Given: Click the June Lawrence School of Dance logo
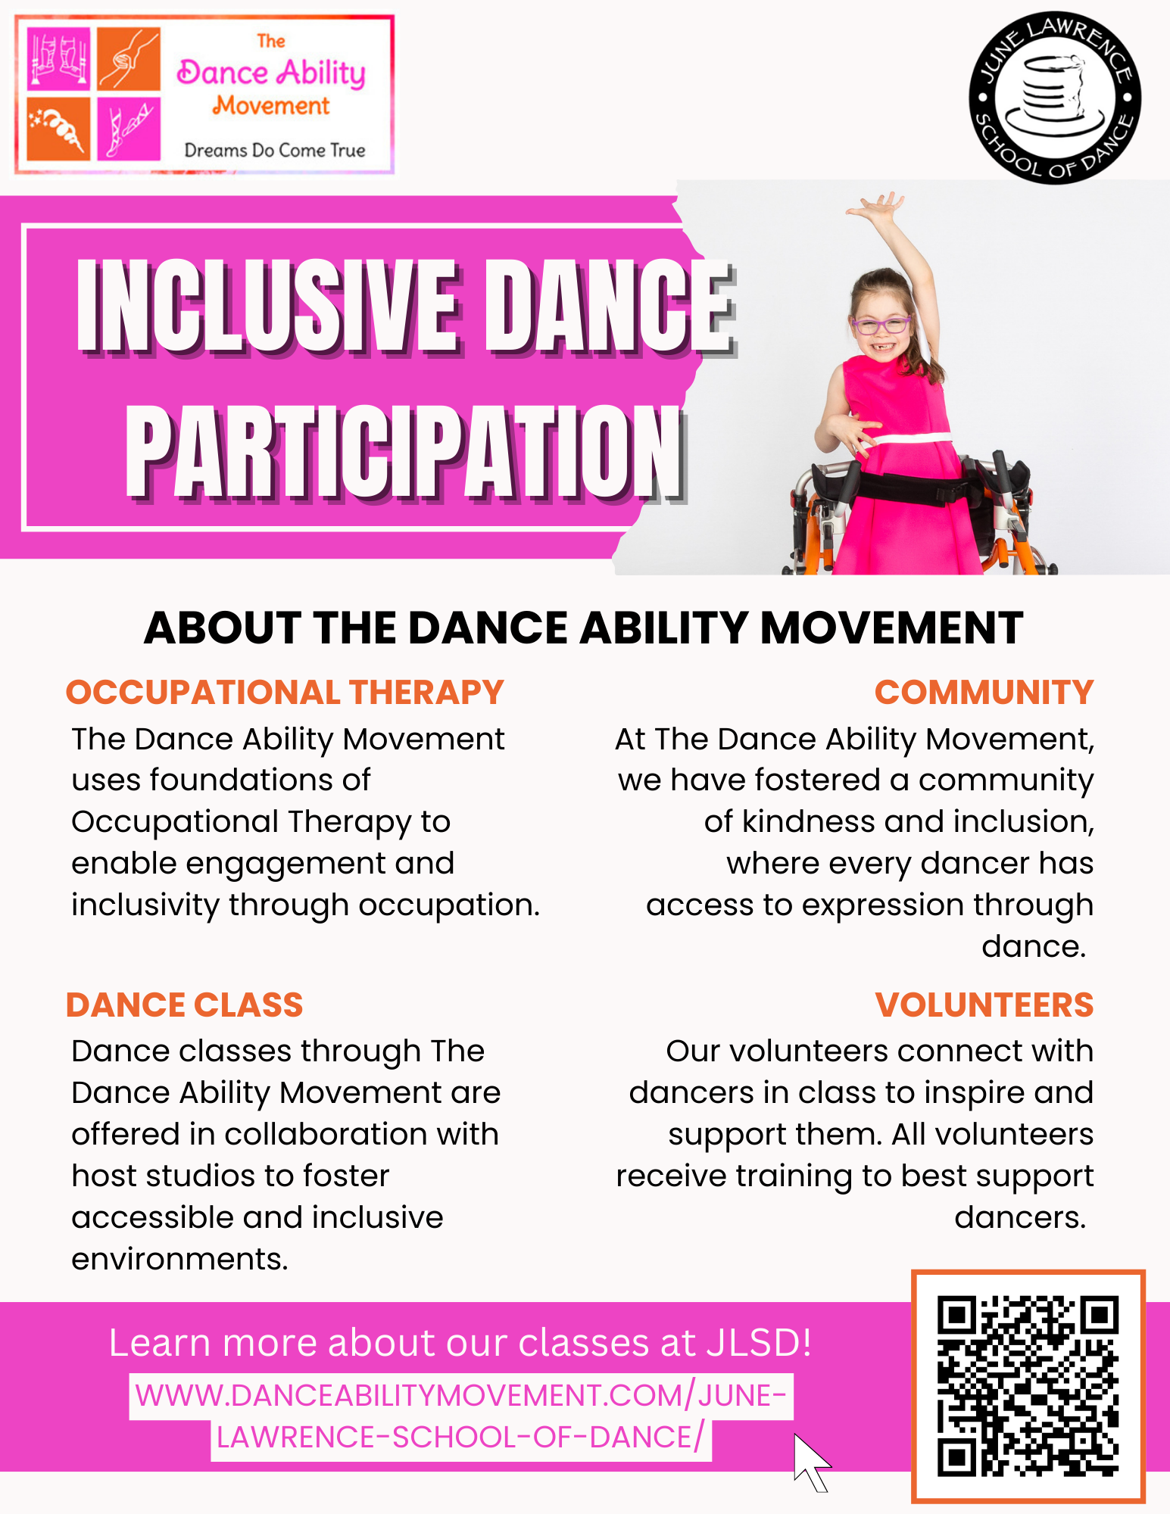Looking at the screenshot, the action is pyautogui.click(x=1055, y=98).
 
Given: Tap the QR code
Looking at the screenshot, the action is pyautogui.click(x=1028, y=1386).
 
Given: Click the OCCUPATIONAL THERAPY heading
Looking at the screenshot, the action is pyautogui.click(x=285, y=692).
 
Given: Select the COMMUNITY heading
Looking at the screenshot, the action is pyautogui.click(x=984, y=692).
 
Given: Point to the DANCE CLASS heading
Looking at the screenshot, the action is pyautogui.click(x=184, y=1005).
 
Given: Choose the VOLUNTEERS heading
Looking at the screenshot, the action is pyautogui.click(x=984, y=1005).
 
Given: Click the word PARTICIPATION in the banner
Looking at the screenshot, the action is pyautogui.click(x=406, y=453).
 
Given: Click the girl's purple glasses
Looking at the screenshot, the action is pyautogui.click(x=881, y=326).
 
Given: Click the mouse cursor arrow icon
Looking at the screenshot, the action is pyautogui.click(x=811, y=1462).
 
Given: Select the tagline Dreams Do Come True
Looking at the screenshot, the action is pyautogui.click(x=275, y=150).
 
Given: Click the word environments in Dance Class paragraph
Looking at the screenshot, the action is pyautogui.click(x=179, y=1259).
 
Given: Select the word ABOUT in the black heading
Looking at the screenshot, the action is pyautogui.click(x=223, y=628).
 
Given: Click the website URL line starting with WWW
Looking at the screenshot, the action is pyautogui.click(x=460, y=1396).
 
